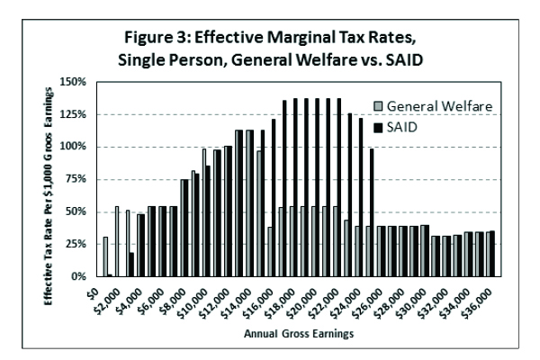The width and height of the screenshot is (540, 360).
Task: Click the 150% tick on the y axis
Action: (73, 81)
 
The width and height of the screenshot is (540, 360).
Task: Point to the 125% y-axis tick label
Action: (73, 114)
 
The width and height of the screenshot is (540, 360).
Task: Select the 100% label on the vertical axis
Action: (73, 147)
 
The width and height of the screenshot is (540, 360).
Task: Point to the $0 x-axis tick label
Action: (87, 291)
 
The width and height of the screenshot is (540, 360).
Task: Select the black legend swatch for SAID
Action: (370, 127)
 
